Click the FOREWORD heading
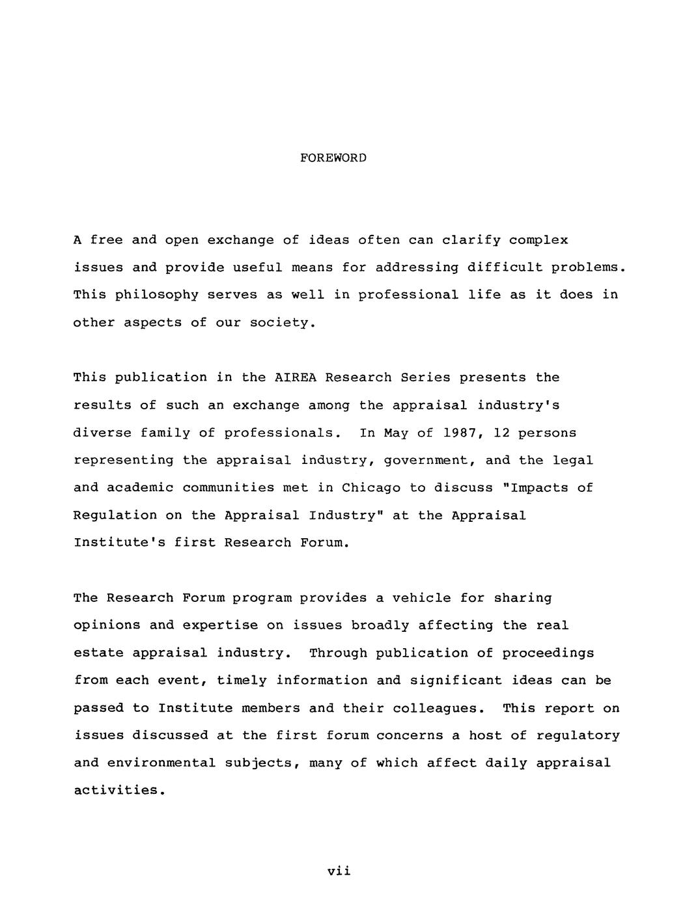pos(333,158)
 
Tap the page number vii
pos(339,871)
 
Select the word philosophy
pos(156,295)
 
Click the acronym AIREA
pos(296,378)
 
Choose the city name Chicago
pos(371,488)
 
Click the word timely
pos(242,681)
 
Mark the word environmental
pos(161,763)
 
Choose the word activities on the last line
pos(116,791)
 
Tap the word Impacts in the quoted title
pos(534,488)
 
